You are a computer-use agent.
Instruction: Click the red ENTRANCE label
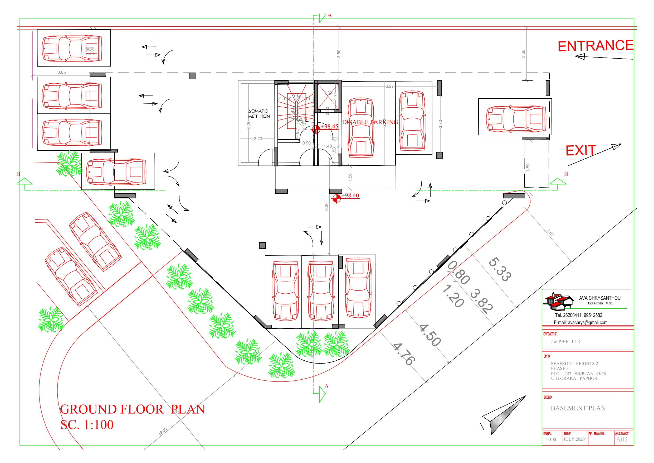click(595, 46)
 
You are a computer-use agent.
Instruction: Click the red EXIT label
click(580, 151)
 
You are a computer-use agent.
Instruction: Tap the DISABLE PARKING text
click(370, 122)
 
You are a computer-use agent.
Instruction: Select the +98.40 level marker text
click(350, 195)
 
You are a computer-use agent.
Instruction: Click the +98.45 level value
click(329, 126)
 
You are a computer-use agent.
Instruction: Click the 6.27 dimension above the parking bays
click(389, 86)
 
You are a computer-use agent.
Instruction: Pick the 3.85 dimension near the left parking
click(61, 72)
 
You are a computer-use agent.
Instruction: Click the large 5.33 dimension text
click(500, 269)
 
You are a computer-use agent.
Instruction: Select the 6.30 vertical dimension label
click(326, 207)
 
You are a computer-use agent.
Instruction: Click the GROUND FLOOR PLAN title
click(132, 409)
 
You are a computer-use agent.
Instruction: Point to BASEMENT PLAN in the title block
click(578, 408)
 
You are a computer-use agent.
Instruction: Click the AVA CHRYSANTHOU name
click(600, 298)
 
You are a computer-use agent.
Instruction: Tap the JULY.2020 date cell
click(574, 439)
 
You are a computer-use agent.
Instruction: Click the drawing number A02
click(622, 439)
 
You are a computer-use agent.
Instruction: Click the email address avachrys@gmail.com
click(580, 323)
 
